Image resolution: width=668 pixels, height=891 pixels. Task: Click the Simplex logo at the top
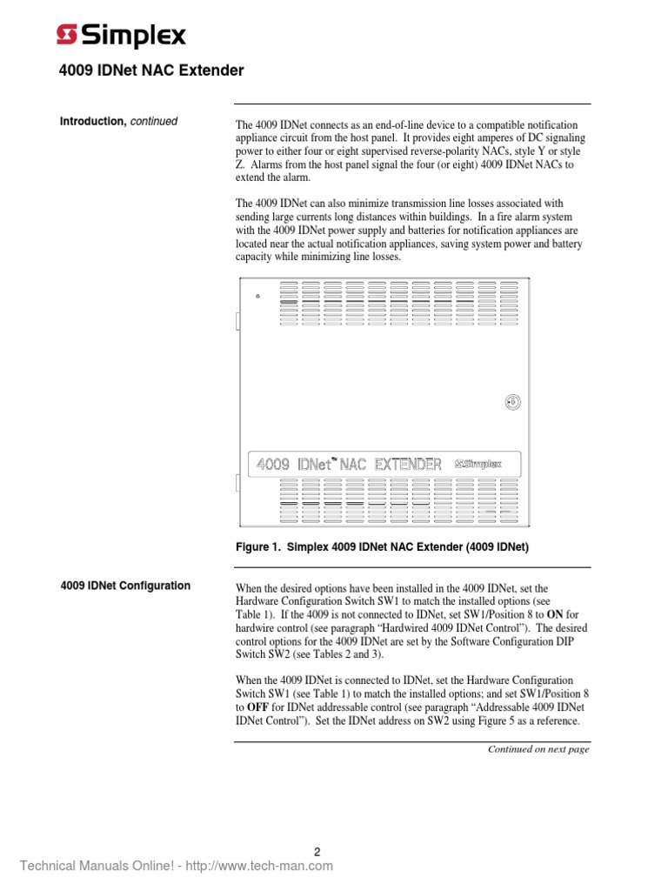[x=121, y=36]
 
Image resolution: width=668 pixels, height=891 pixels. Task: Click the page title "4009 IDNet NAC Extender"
[x=152, y=70]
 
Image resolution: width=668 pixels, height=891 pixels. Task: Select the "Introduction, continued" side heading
[x=118, y=122]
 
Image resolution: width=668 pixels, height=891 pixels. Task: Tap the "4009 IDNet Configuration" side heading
[x=125, y=586]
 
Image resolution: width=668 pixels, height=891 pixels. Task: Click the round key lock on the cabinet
[x=512, y=401]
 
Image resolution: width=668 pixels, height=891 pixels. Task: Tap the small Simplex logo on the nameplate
[x=478, y=464]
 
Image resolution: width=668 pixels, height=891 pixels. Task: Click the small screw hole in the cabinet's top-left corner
[x=257, y=296]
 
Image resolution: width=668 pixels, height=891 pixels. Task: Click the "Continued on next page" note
[x=538, y=749]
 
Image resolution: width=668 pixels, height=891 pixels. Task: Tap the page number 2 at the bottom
[x=318, y=853]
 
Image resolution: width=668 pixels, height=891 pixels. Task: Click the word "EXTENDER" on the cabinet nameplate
[x=408, y=464]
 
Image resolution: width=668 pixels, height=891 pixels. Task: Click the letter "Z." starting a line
[x=241, y=164]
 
